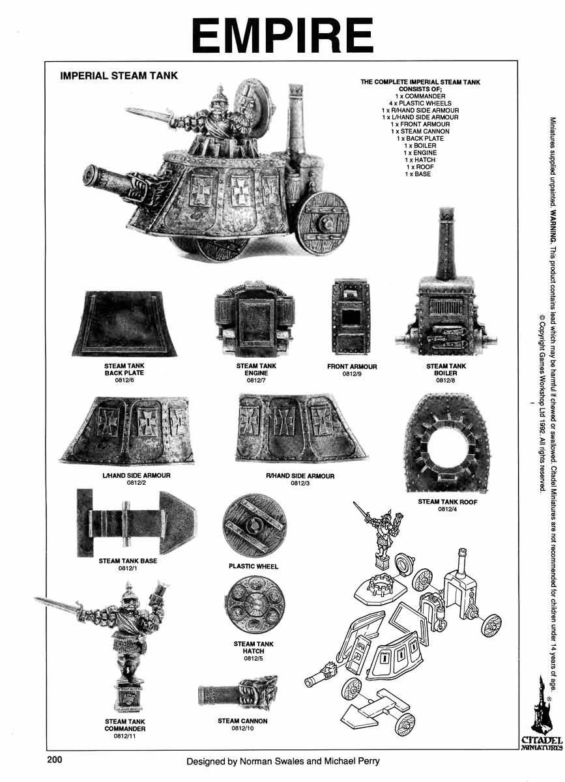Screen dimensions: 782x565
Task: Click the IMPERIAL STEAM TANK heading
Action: point(119,75)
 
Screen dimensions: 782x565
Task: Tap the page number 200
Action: point(55,759)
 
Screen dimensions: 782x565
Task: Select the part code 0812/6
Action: point(124,380)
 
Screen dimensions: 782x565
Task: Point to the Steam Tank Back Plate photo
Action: point(124,323)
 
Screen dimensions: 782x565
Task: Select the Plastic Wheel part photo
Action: point(254,525)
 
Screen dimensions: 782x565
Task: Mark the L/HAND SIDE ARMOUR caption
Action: point(136,476)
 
